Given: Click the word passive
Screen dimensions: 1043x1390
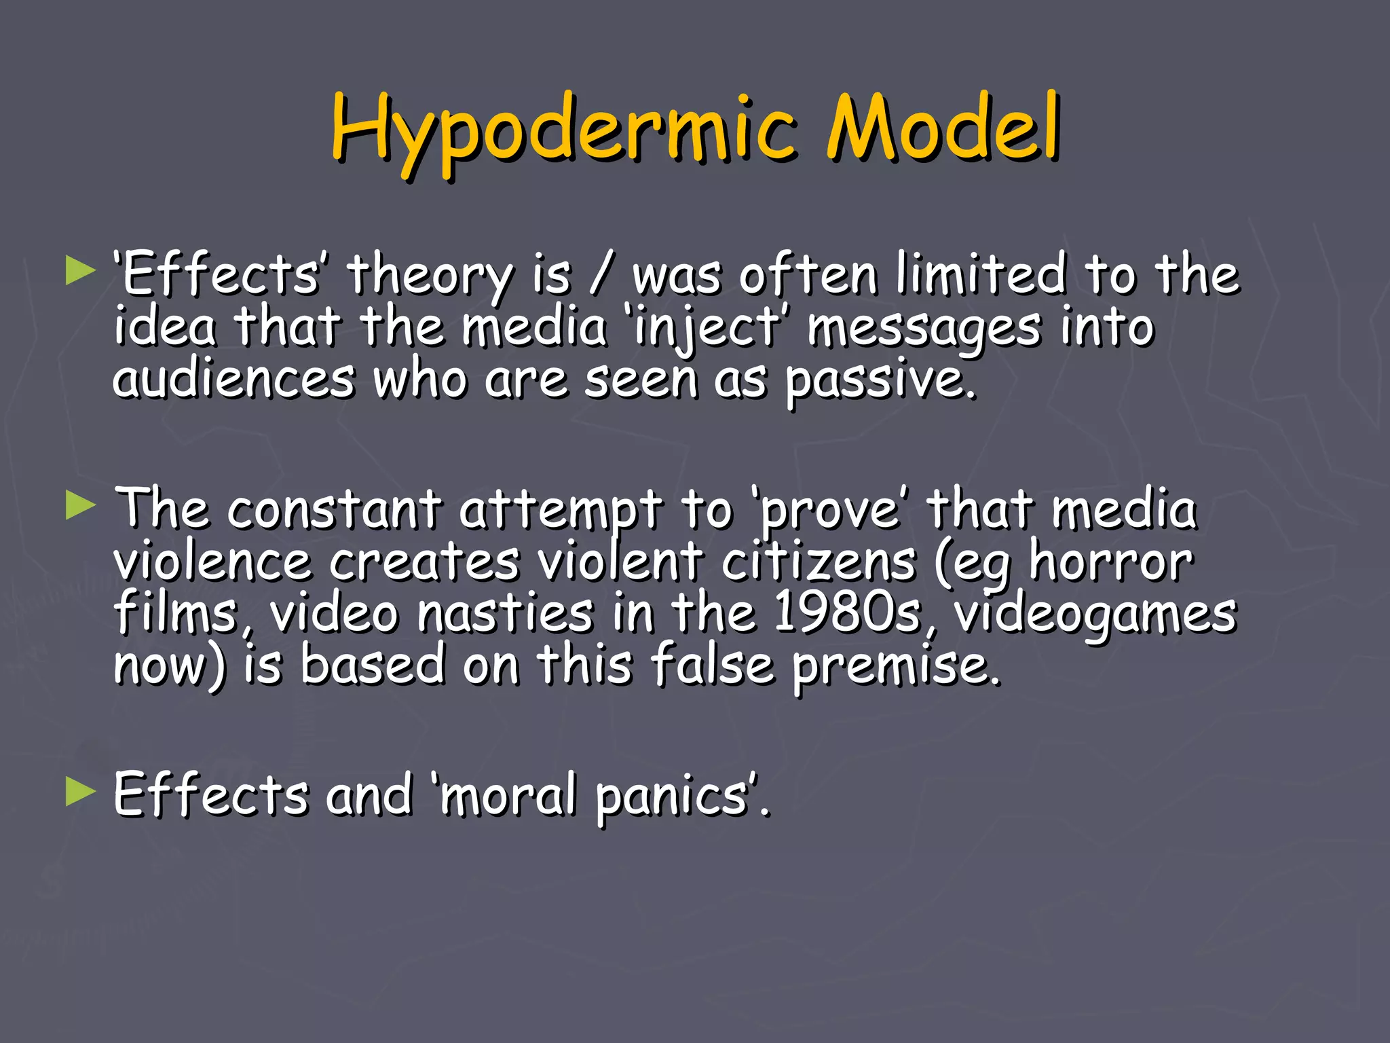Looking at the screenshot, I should click(x=880, y=380).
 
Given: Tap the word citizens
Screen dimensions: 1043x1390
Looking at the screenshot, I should click(x=818, y=562).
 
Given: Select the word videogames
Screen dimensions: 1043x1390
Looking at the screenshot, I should click(x=1095, y=615).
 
